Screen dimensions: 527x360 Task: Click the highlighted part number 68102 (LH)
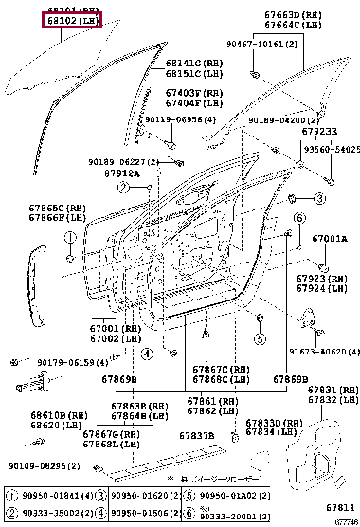coord(70,20)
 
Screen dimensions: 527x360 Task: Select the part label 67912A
coord(122,173)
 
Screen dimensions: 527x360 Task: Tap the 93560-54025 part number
coord(332,149)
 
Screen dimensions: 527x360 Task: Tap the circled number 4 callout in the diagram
coord(147,352)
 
